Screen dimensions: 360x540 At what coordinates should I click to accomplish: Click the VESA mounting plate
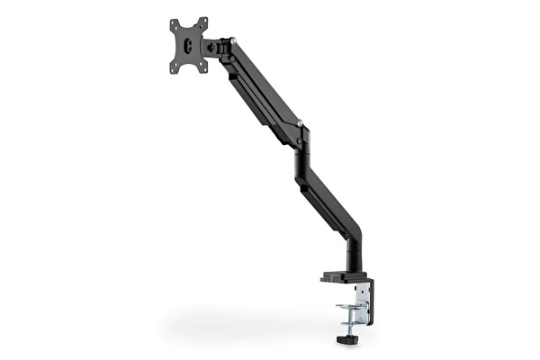point(189,44)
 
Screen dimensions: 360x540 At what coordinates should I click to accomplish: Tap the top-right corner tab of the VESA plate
point(204,21)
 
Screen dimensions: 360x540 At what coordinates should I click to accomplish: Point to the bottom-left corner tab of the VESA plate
point(175,66)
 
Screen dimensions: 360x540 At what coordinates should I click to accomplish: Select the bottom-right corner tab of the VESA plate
point(203,67)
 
